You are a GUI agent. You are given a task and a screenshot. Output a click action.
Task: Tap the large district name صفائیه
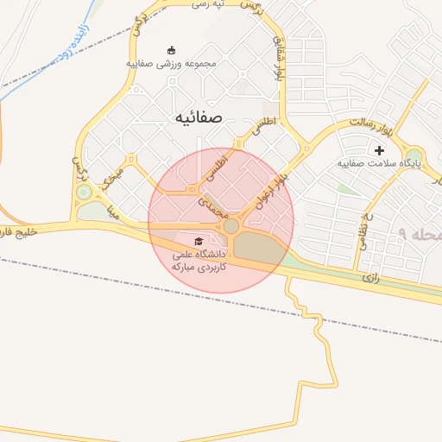click(x=199, y=117)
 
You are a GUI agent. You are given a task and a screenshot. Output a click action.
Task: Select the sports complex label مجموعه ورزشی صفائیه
click(x=171, y=63)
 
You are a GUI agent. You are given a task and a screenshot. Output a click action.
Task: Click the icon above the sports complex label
click(x=171, y=49)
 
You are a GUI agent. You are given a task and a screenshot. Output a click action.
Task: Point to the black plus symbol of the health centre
click(x=379, y=150)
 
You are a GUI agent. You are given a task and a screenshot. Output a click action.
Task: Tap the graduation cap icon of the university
click(x=199, y=241)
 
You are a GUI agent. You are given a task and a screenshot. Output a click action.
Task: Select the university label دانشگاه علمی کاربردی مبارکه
click(x=199, y=261)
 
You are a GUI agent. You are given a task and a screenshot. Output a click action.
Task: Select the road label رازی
click(x=371, y=278)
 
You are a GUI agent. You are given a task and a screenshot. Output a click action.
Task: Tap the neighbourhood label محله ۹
click(x=420, y=235)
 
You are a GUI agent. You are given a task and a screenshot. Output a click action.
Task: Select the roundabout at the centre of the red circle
click(x=231, y=226)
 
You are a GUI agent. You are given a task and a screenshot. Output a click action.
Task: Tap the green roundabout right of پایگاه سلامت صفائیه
click(x=414, y=158)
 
